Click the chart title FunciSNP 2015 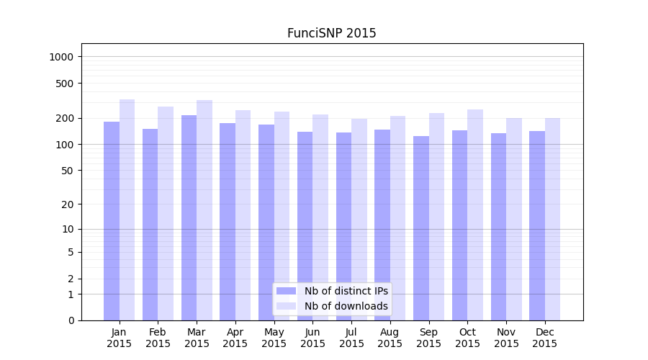pyautogui.click(x=331, y=33)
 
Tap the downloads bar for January pyautogui.click(x=127, y=210)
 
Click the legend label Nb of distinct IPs pyautogui.click(x=346, y=291)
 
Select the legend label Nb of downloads pyautogui.click(x=346, y=306)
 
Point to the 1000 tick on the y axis pyautogui.click(x=63, y=57)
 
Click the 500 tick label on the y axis pyautogui.click(x=66, y=84)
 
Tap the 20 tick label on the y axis pyautogui.click(x=68, y=204)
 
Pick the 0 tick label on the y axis pyautogui.click(x=71, y=320)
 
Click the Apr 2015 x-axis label pyautogui.click(x=235, y=338)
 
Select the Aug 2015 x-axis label pyautogui.click(x=390, y=338)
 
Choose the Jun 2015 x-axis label pyautogui.click(x=312, y=338)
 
